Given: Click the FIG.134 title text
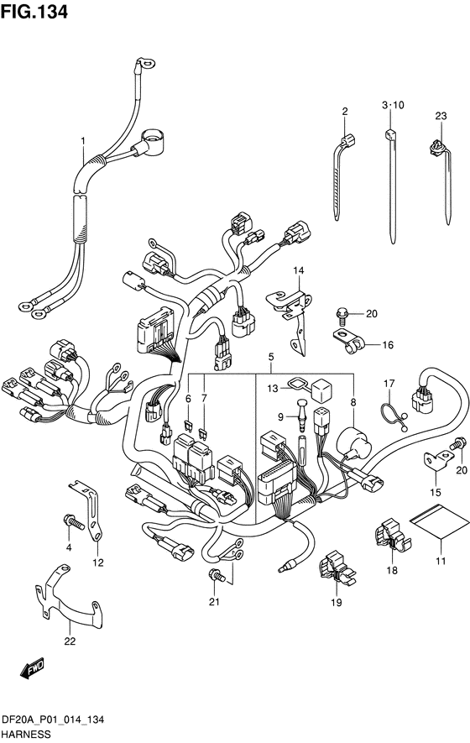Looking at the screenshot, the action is (34, 12).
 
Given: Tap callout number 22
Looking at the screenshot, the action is (70, 641).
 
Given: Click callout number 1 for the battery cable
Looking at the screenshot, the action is (83, 141).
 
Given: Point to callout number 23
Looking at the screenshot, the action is (441, 116).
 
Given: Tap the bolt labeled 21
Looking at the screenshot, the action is (217, 575).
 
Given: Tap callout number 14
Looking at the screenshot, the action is (298, 270).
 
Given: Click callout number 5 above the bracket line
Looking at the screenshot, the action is (271, 356).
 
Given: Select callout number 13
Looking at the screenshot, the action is (273, 389).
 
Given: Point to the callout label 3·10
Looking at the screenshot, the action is (393, 105).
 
